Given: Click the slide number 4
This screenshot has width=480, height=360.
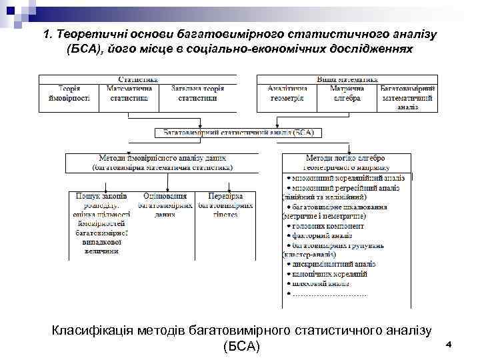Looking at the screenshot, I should click(x=449, y=344).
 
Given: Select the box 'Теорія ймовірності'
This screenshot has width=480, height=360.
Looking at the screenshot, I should click(x=69, y=93).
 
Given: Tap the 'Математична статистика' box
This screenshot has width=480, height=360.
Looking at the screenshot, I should click(x=129, y=93).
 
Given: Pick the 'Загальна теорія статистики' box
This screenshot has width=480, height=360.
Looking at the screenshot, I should click(x=193, y=93).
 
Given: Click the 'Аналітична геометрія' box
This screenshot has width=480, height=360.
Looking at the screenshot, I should click(x=287, y=93).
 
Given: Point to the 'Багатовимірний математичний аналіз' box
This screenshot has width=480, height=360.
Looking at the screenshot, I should click(x=408, y=97).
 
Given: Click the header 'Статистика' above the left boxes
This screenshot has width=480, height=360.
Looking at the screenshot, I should click(x=137, y=79).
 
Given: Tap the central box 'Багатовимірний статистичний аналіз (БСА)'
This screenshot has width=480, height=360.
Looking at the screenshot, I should click(x=238, y=133).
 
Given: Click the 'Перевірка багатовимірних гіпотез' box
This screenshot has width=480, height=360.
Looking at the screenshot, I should click(x=225, y=205).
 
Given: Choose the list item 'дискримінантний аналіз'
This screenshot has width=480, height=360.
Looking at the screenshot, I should click(x=334, y=264).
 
